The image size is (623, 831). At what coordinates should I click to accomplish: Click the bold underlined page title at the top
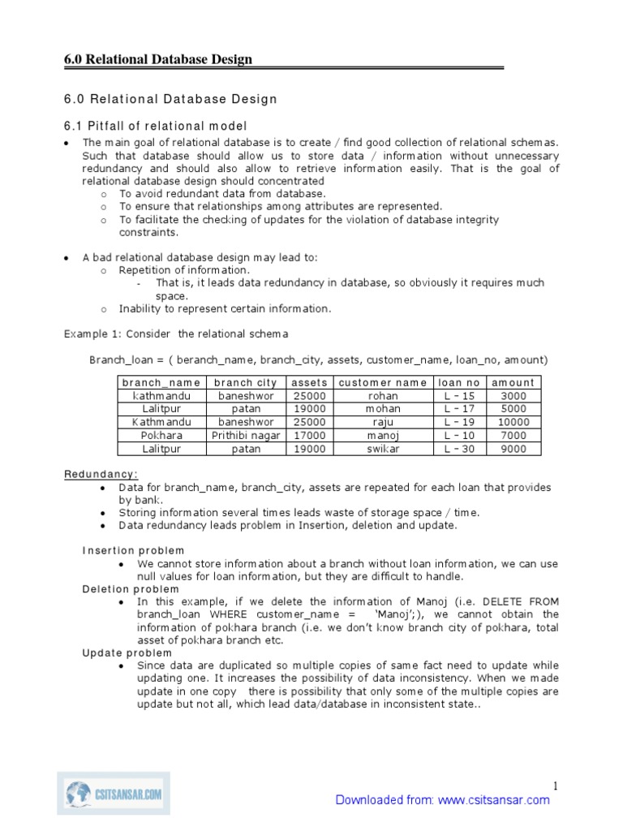158,59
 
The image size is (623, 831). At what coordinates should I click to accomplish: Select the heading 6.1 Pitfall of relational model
155,126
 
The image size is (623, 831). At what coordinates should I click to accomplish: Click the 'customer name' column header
382,382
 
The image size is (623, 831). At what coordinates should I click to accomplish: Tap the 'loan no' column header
458,382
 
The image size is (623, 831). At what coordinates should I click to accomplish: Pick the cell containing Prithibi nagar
246,435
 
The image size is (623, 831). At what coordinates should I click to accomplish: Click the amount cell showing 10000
513,422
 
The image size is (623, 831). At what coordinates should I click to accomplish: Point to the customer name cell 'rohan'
382,396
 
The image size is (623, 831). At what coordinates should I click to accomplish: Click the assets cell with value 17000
308,435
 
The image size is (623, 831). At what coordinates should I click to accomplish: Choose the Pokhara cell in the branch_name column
161,435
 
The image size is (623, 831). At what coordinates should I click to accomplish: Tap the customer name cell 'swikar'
382,448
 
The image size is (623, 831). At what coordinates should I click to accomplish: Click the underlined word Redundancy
101,474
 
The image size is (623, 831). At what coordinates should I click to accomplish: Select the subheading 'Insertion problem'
133,550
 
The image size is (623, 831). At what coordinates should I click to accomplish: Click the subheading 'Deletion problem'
131,588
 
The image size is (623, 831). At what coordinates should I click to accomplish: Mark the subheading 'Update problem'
127,652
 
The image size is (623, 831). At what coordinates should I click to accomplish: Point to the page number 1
556,785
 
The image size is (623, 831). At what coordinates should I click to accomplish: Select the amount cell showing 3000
513,396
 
